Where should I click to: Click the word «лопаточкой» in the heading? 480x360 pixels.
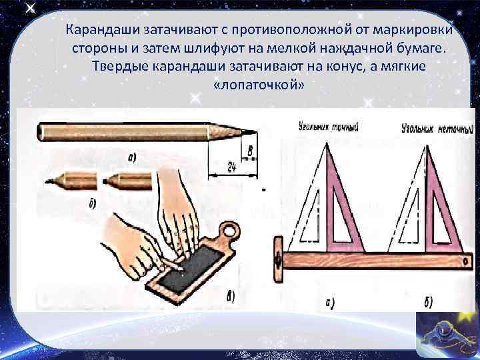tap(259, 84)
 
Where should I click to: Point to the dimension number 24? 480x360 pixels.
tap(232, 167)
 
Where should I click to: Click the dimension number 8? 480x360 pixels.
tap(250, 151)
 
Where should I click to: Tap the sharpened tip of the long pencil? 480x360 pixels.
tap(255, 132)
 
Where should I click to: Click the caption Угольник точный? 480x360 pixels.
tap(329, 127)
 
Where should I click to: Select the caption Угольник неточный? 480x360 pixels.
tap(438, 129)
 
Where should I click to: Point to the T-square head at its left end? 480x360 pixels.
tap(278, 259)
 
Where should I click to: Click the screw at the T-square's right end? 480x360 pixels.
tap(465, 261)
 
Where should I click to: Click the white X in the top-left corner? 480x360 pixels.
tap(30, 9)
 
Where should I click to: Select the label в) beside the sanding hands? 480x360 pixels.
tap(230, 296)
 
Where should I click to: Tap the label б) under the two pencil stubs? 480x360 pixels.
tap(93, 204)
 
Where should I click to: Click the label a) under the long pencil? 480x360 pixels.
tap(131, 158)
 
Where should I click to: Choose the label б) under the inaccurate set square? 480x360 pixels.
tap(428, 303)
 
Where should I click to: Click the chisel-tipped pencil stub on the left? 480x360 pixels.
tap(71, 181)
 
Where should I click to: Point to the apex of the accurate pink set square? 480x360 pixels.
tap(327, 143)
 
